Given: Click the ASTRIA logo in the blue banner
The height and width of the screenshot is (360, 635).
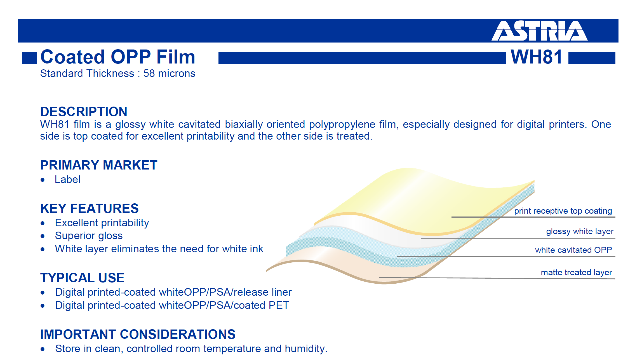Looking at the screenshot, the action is (x=539, y=31).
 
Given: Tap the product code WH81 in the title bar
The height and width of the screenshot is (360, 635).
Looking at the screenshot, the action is (x=537, y=57).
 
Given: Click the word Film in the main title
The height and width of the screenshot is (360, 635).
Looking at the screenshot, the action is (x=176, y=57).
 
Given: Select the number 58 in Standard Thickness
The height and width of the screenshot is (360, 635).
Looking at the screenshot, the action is (x=149, y=74).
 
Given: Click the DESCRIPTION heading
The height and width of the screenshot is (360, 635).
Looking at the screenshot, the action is (x=84, y=112).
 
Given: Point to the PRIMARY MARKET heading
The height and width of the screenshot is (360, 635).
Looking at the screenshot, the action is (x=99, y=165).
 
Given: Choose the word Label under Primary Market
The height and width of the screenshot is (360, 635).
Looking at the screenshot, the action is (x=67, y=180).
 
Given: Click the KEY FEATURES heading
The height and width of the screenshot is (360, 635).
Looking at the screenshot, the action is (x=90, y=208).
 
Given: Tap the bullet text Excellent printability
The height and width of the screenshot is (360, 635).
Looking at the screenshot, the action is (x=102, y=223).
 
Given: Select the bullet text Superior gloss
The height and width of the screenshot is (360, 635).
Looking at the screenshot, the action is (x=89, y=236).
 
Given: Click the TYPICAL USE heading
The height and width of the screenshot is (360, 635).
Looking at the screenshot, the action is (x=82, y=278).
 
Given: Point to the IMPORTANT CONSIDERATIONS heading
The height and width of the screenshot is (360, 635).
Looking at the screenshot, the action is (x=138, y=334).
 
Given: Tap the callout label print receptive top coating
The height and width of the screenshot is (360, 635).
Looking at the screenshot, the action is (x=563, y=211).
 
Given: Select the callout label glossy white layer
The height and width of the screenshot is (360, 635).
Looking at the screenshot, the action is (x=580, y=232).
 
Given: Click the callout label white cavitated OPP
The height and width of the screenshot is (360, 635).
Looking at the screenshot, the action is (x=573, y=250).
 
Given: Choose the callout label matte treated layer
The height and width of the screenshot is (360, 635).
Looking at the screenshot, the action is (x=576, y=272).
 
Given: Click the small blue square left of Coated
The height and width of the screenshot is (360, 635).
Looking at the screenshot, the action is (x=29, y=58).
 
